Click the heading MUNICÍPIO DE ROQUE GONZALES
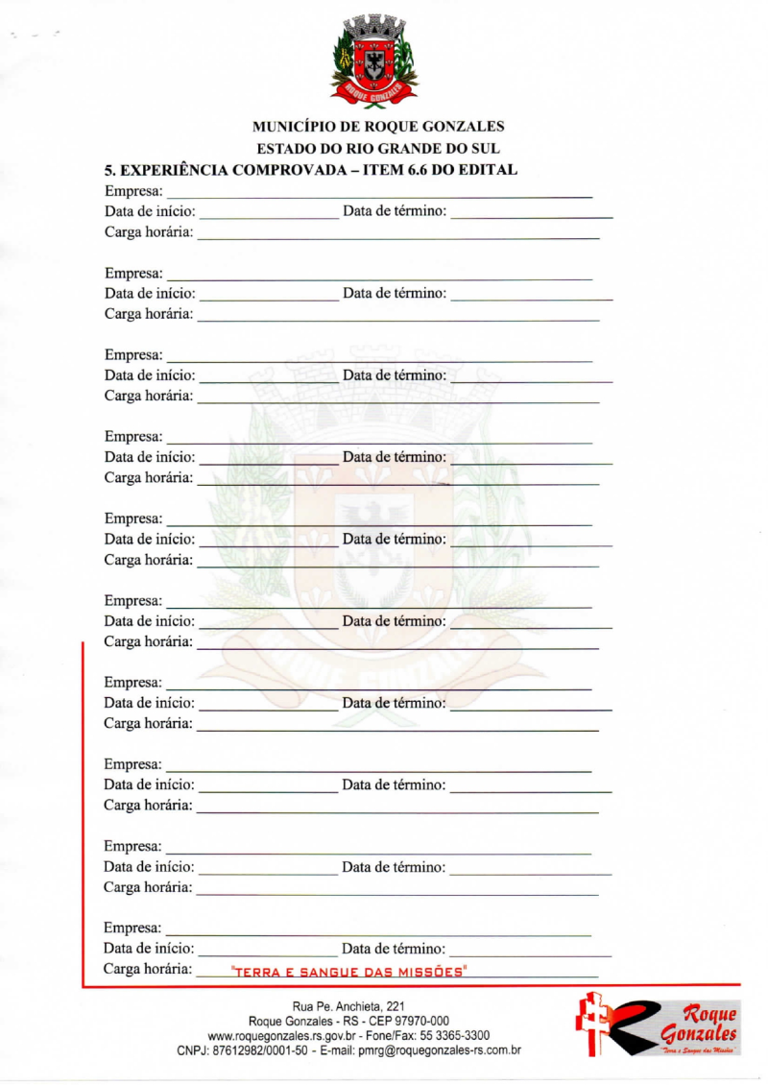pyautogui.click(x=378, y=127)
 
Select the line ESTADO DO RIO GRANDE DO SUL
pyautogui.click(x=378, y=149)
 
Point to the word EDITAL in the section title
pyautogui.click(x=490, y=170)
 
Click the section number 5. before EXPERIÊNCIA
pyautogui.click(x=110, y=170)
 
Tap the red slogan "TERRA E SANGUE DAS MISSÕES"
pyautogui.click(x=349, y=972)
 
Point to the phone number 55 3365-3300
pyautogui.click(x=455, y=1036)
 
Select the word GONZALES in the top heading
pyautogui.click(x=457, y=127)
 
